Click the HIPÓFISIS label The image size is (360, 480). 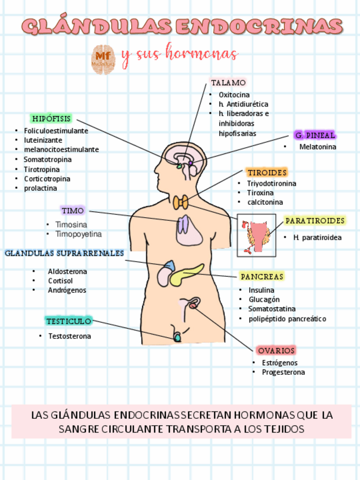click(x=52, y=118)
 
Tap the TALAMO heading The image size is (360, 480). click(x=228, y=83)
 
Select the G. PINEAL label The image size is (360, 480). click(x=315, y=135)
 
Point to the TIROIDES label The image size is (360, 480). click(x=267, y=172)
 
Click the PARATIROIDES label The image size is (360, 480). click(x=315, y=220)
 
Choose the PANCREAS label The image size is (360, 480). click(x=262, y=276)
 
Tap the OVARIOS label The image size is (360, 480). click(x=276, y=350)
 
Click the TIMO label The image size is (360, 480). click(x=72, y=211)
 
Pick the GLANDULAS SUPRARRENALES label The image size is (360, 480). click(x=64, y=253)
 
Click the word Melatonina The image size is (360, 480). click(x=318, y=147)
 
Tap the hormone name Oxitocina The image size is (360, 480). click(x=234, y=95)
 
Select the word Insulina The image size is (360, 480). click(x=261, y=290)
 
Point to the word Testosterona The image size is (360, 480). click(x=70, y=336)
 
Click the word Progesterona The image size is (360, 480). click(x=283, y=372)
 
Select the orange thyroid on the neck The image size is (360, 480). click(x=181, y=202)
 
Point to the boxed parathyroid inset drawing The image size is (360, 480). click(x=256, y=235)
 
